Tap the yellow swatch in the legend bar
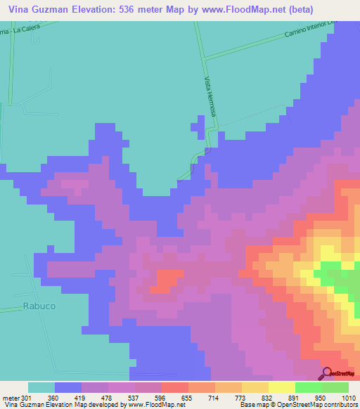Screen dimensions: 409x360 tap(281, 387)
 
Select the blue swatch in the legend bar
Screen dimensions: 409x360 tap(68, 387)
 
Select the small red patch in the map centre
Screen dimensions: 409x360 tap(166, 278)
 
